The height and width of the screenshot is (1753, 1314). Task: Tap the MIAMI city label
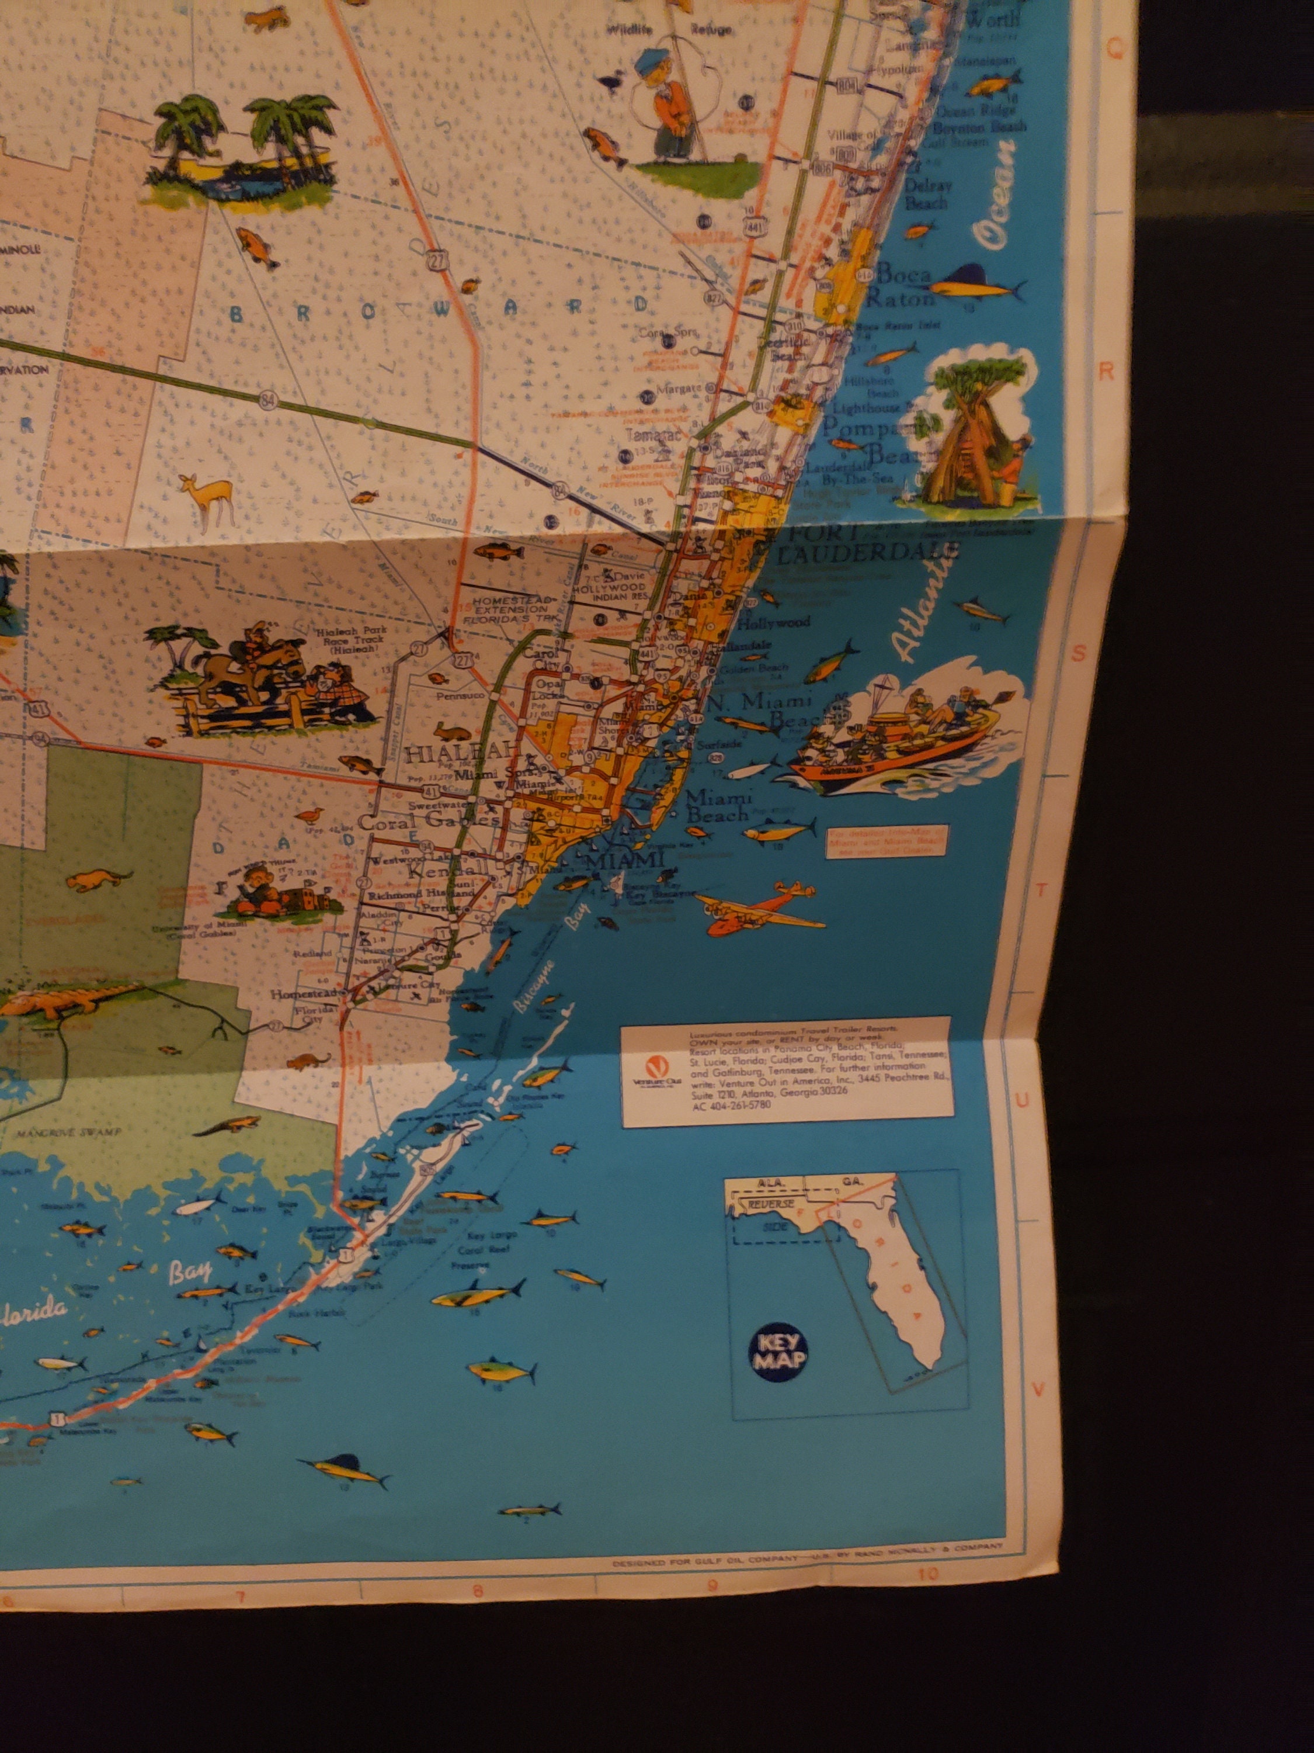click(x=633, y=860)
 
